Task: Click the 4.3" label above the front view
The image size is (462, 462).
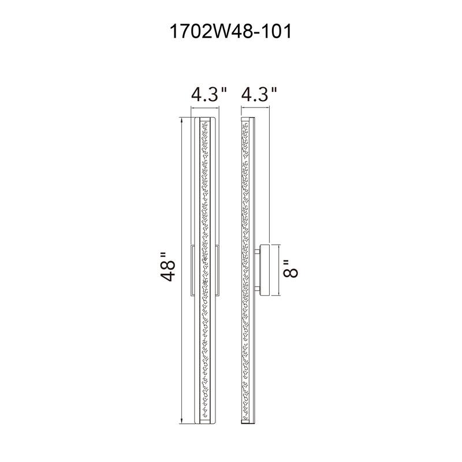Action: coord(210,94)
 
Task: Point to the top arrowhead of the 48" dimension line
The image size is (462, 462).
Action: coord(183,122)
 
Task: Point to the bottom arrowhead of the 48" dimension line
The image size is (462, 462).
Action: coord(183,417)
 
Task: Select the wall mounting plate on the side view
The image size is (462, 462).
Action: coord(264,270)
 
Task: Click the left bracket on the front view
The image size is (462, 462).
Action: coord(193,270)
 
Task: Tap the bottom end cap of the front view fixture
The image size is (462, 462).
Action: coord(204,419)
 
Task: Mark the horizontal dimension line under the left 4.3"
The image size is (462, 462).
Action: coord(204,107)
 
